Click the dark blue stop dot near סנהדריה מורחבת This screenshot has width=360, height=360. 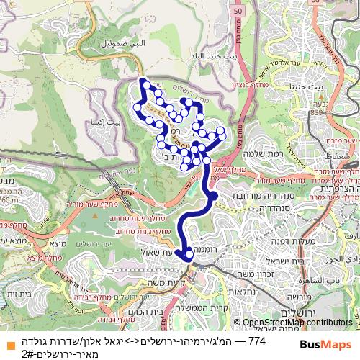(214, 194)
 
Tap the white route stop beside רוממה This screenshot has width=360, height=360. (189, 253)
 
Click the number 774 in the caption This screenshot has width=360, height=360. (256, 340)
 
